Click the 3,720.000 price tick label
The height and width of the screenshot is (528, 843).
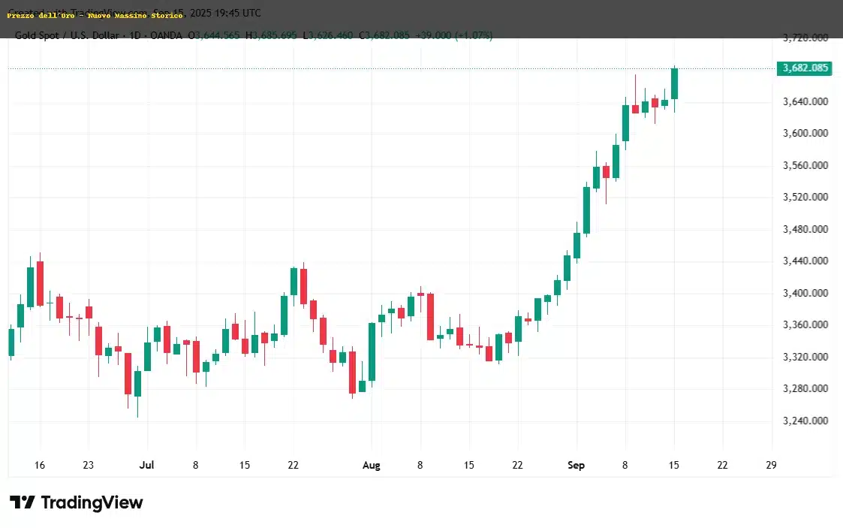point(805,38)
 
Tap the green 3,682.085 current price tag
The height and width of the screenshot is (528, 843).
point(805,68)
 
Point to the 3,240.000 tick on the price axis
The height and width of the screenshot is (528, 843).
point(805,421)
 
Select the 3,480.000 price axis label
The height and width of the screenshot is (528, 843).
point(805,229)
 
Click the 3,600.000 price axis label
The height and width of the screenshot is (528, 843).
point(805,134)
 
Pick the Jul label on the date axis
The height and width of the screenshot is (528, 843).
point(146,466)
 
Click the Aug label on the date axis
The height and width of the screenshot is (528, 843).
point(371,466)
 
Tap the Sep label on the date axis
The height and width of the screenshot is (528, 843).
point(576,466)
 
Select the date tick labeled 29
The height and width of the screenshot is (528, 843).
point(771,466)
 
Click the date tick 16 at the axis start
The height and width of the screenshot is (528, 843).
point(40,466)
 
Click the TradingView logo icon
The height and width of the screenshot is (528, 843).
point(22,502)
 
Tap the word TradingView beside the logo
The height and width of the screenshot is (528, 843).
point(92,502)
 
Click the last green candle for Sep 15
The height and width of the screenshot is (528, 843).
point(674,83)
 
